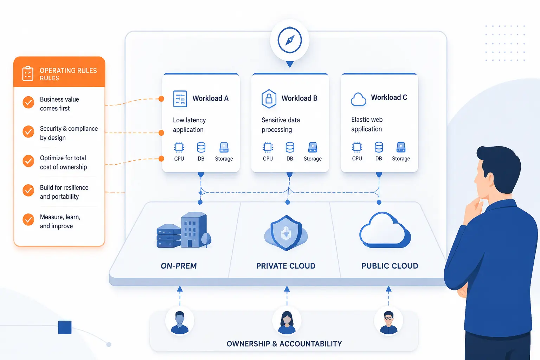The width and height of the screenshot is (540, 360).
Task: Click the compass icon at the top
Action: click(x=290, y=40)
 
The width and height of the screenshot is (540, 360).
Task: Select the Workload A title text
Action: click(x=210, y=98)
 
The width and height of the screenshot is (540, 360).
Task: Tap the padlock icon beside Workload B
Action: click(x=269, y=99)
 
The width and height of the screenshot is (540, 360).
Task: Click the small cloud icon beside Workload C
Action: click(x=358, y=99)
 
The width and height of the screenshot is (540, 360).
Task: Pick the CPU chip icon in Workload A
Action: click(x=179, y=147)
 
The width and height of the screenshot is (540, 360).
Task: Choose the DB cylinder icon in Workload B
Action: click(x=290, y=147)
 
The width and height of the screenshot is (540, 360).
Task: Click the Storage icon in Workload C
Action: click(x=401, y=147)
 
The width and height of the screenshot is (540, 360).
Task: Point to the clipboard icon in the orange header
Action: click(x=28, y=73)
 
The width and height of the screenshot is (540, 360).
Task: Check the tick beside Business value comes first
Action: click(x=28, y=102)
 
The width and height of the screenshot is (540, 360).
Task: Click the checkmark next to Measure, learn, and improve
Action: click(x=28, y=220)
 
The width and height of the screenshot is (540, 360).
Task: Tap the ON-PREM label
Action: click(x=179, y=266)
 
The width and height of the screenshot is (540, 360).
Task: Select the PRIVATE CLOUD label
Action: click(x=286, y=266)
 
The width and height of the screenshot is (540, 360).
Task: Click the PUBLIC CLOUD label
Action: click(x=390, y=266)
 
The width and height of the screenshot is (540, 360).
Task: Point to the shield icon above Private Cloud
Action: click(x=286, y=233)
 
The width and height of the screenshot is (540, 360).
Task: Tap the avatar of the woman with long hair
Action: click(x=287, y=322)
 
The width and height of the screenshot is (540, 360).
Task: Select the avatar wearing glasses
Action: click(x=388, y=322)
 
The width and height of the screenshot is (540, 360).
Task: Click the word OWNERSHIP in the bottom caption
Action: click(x=248, y=343)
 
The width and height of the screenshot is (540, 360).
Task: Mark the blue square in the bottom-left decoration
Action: click(x=65, y=327)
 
